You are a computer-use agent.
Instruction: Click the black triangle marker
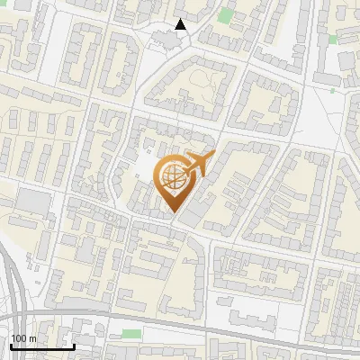(181, 25)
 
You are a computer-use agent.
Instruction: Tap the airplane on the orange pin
(196, 166)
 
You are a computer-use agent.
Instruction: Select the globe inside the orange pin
(172, 179)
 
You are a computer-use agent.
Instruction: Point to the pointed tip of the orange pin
(173, 213)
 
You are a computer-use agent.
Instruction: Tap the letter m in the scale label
(33, 338)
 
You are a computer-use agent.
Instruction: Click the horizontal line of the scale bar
(42, 346)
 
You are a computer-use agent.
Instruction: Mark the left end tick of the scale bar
(11, 345)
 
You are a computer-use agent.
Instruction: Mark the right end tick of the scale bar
(74, 345)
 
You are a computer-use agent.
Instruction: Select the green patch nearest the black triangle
(224, 15)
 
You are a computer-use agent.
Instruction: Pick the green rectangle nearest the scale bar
(131, 334)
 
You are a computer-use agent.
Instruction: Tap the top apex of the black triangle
(181, 20)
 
